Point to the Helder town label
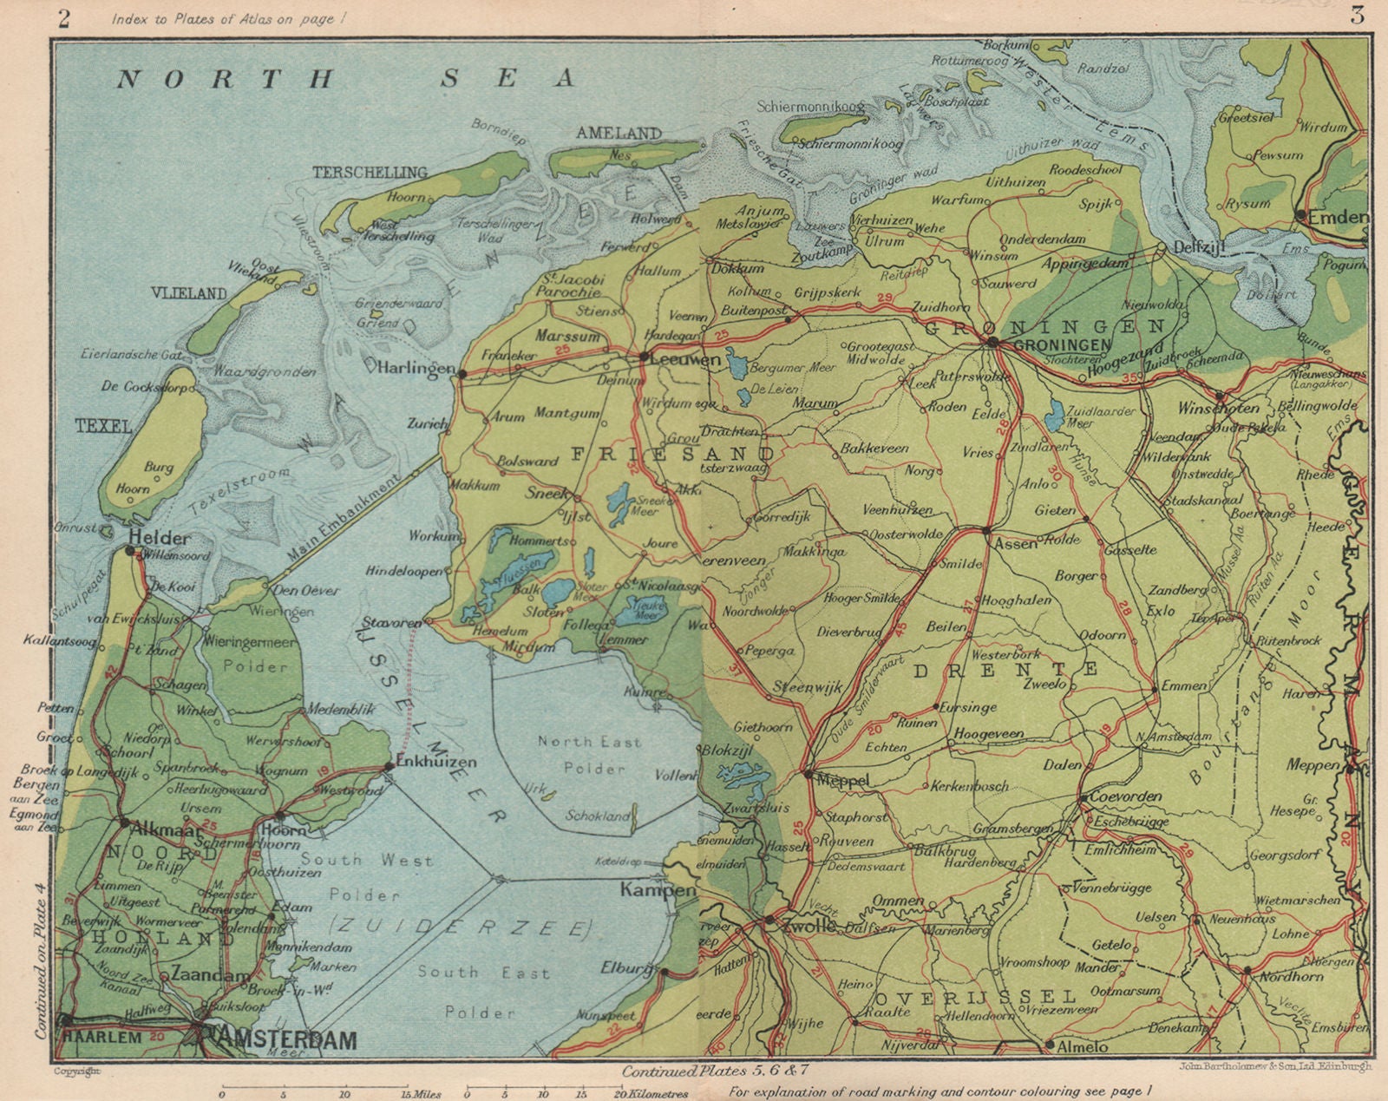coord(158,537)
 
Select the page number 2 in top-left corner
coord(62,18)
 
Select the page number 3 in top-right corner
coord(1356,16)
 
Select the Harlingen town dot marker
coord(462,374)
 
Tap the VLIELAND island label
coord(189,293)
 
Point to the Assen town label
coord(1014,544)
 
